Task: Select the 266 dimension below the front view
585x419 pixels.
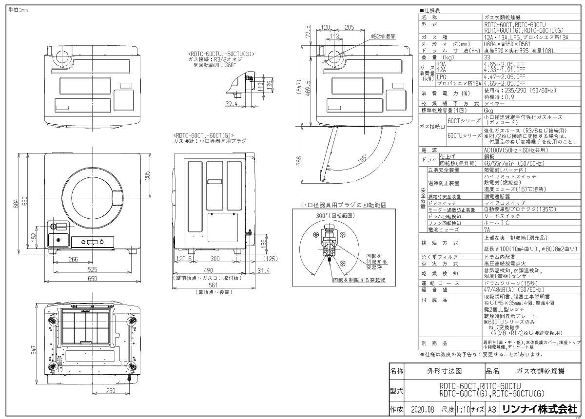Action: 74,260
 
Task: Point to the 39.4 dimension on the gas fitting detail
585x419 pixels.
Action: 232,104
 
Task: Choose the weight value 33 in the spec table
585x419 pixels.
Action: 487,57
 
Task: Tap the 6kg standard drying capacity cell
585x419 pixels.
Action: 487,110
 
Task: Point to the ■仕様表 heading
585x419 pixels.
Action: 429,10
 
